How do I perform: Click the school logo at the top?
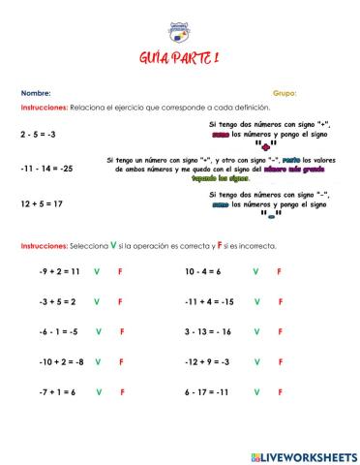tap(179, 32)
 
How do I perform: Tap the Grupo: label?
tap(285, 93)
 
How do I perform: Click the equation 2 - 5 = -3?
tap(38, 135)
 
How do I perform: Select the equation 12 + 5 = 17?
tap(41, 203)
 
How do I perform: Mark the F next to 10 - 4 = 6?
tap(279, 272)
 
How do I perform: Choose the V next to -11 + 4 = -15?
tap(256, 301)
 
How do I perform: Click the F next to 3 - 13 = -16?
tap(279, 331)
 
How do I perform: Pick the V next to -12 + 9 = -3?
tap(256, 361)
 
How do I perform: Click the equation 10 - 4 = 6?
tap(203, 272)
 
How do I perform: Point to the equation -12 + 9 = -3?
tap(206, 361)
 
